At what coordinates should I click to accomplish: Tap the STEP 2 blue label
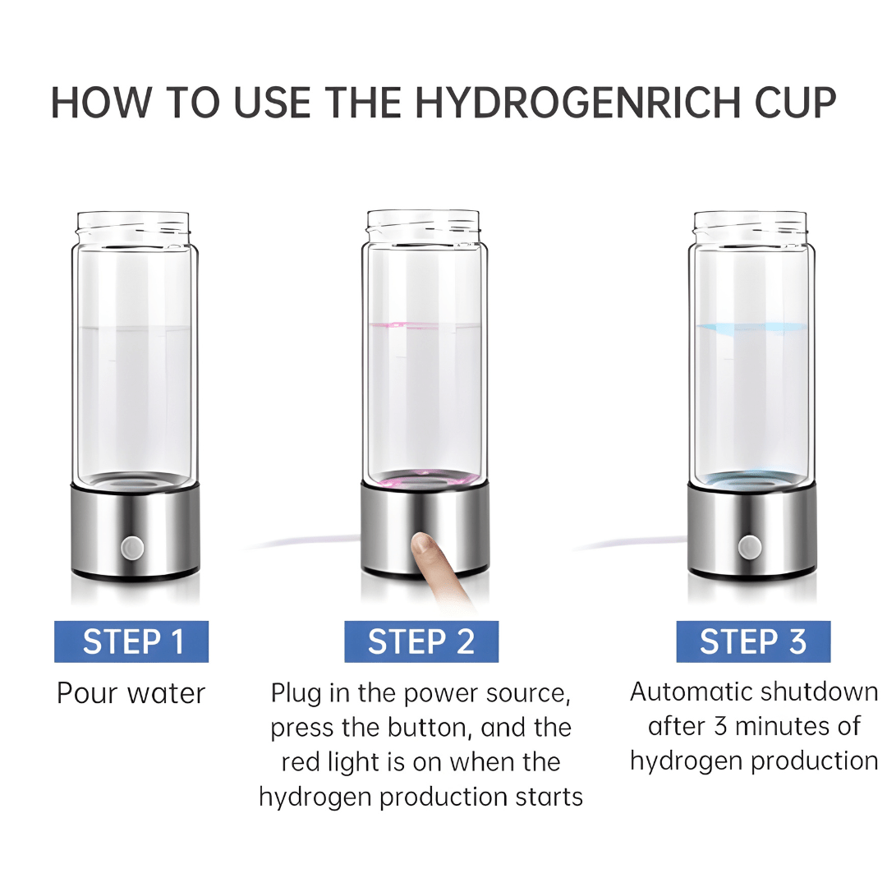coord(421,641)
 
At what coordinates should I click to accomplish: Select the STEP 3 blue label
coord(753,641)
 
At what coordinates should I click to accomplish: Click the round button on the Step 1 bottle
coord(131,546)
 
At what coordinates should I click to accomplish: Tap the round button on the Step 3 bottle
coord(749,546)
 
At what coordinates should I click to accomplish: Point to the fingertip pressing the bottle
coord(423,543)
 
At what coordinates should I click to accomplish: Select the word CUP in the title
coord(793,103)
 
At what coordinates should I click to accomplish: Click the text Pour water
coord(131,693)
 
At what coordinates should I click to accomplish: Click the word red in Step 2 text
coord(301,762)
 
